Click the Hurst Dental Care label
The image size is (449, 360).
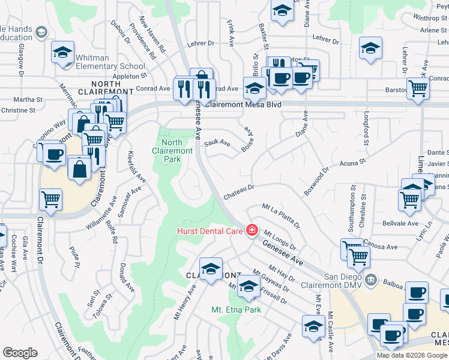209,231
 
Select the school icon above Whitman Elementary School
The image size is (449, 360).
62,53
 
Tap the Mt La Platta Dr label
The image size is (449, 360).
282,216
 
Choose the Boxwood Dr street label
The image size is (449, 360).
316,181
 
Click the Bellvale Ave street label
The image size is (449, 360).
400,223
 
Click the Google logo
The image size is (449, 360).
20,353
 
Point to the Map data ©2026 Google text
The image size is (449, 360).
412,355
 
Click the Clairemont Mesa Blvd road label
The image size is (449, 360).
243,104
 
